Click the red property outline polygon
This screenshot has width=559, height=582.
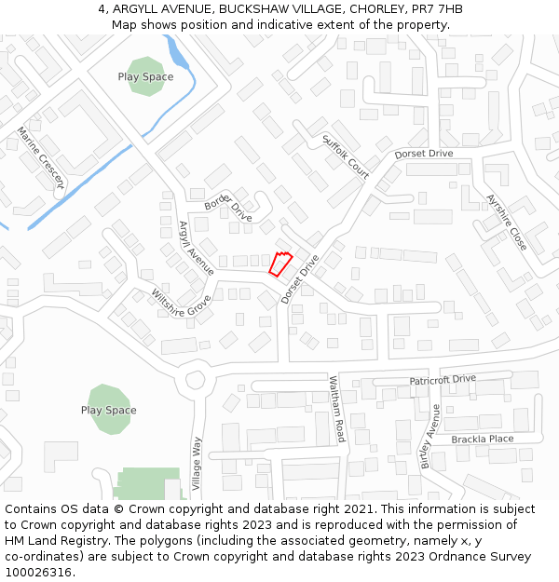(x=280, y=264)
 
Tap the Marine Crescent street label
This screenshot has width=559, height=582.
(x=39, y=158)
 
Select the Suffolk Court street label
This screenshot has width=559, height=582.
(x=346, y=156)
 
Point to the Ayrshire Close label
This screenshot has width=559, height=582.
(x=507, y=222)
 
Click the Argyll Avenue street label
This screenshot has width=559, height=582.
(x=196, y=248)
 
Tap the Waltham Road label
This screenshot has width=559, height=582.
(x=337, y=409)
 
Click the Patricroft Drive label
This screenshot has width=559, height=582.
(x=443, y=380)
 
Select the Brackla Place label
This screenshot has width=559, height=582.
(x=482, y=439)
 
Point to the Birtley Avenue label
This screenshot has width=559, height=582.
(x=429, y=435)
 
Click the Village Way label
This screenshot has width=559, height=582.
(x=197, y=464)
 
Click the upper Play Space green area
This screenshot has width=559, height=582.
(x=145, y=76)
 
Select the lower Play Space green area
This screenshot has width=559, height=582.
(x=108, y=410)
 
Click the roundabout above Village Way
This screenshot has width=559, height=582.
(x=196, y=380)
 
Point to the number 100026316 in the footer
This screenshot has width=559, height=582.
(x=39, y=572)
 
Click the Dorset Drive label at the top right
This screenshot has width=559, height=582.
(x=423, y=153)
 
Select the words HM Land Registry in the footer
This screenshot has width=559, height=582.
(x=58, y=540)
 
